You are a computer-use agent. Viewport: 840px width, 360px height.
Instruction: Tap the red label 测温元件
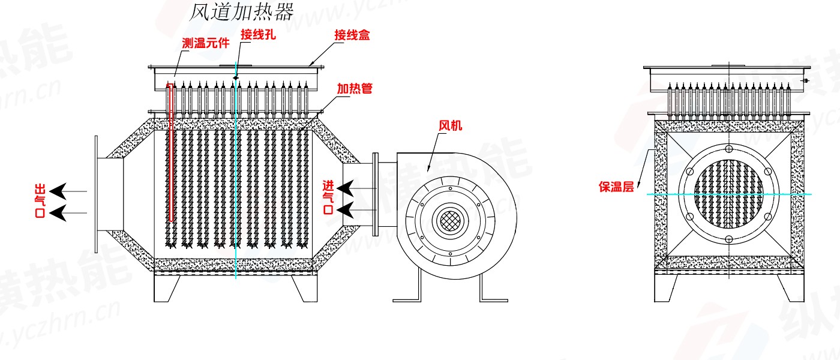coord(205,43)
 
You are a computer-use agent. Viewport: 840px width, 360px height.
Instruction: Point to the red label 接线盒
coord(352,35)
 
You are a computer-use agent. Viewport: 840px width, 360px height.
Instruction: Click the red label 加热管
coord(354,89)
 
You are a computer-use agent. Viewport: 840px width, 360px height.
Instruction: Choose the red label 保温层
coord(616,187)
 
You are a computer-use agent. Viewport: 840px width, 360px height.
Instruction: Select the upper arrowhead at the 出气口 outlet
coord(58,191)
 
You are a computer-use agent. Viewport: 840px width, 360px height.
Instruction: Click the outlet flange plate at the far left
coord(96,193)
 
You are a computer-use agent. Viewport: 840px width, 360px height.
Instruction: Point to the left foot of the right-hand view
coord(667,288)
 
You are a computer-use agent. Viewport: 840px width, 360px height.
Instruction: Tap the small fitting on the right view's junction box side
coord(806,80)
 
